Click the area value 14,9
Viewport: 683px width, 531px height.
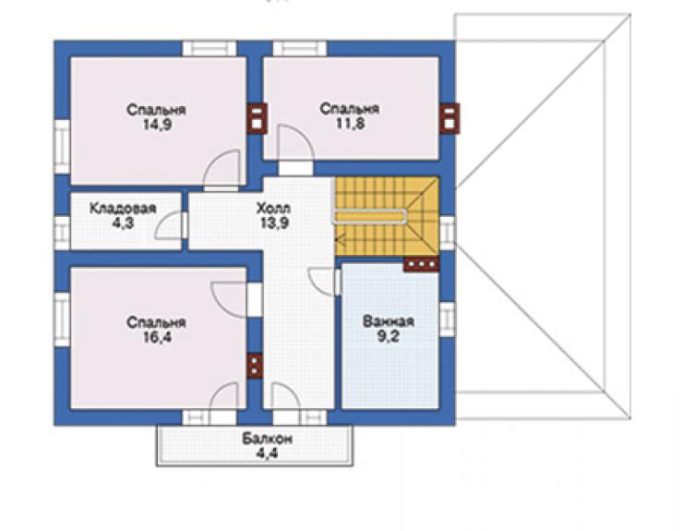click(x=157, y=125)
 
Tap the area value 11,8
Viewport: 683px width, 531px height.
click(x=350, y=124)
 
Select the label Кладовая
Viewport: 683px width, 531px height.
click(x=123, y=208)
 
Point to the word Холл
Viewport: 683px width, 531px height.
click(x=273, y=208)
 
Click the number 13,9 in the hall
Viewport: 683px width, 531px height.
click(x=274, y=223)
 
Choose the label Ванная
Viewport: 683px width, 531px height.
click(x=389, y=321)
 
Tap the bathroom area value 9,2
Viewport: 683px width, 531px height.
click(x=389, y=336)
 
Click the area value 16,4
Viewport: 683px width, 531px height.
click(x=157, y=337)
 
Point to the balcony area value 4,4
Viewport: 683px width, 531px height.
click(x=267, y=453)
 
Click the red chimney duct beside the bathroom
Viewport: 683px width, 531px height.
click(x=421, y=264)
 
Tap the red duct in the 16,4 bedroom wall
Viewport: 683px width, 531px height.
click(x=255, y=366)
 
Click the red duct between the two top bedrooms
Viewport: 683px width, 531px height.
click(x=257, y=118)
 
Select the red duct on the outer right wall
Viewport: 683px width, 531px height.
click(x=449, y=118)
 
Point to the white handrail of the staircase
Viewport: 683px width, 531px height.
click(x=370, y=217)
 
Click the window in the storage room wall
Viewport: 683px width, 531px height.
click(x=62, y=233)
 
